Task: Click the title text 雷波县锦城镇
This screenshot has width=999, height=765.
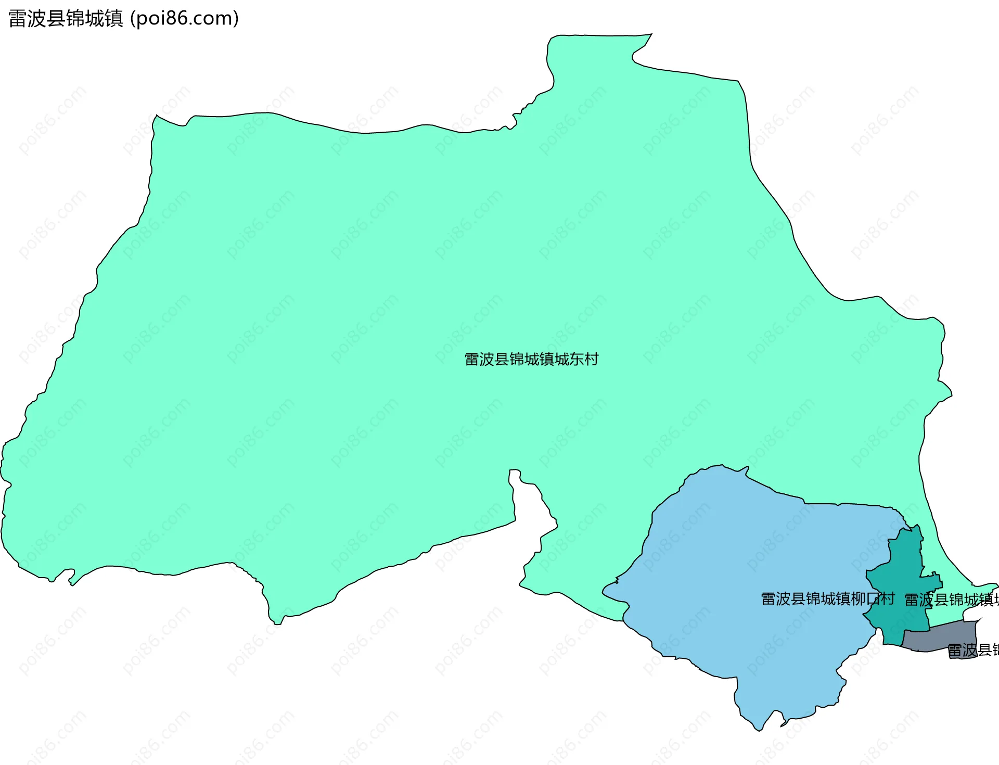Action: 66,19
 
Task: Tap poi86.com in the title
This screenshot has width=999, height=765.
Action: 184,19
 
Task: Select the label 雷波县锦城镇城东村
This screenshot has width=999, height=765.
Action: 531,359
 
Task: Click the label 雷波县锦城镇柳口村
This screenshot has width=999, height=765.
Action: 827,598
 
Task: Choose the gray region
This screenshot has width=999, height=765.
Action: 937,639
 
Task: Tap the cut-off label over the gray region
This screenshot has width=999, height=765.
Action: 972,650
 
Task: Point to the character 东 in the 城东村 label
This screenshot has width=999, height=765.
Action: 577,359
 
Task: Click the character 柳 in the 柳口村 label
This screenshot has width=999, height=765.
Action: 858,598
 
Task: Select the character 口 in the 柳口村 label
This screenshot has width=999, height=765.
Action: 873,598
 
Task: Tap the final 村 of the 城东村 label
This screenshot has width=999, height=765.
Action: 592,359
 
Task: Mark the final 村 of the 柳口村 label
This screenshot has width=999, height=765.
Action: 888,598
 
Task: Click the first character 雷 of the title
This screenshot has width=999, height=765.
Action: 18,19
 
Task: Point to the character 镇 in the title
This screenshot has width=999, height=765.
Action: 113,19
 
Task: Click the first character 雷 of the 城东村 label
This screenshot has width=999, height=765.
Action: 471,359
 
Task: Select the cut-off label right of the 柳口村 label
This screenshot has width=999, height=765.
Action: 951,600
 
